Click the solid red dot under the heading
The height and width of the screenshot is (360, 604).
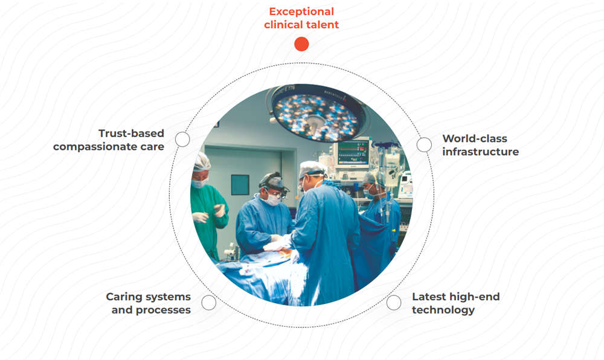tap(301, 44)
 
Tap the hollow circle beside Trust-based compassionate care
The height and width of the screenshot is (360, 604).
tap(182, 139)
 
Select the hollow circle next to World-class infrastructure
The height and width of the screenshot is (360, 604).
tap(424, 145)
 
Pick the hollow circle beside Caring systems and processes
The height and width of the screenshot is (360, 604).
tap(208, 303)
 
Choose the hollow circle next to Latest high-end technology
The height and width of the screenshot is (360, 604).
tap(393, 303)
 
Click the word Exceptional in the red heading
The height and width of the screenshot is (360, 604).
tap(301, 11)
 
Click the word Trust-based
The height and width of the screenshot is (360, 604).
tap(131, 133)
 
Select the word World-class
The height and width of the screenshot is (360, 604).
tap(475, 138)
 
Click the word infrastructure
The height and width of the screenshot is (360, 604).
tap(480, 152)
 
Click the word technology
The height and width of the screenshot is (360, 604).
tap(443, 310)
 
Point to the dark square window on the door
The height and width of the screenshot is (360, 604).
tap(240, 185)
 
